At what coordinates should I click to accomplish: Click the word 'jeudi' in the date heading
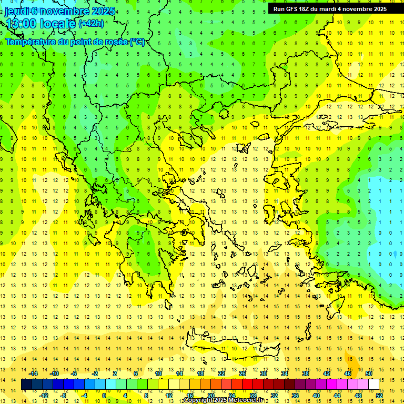(17, 11)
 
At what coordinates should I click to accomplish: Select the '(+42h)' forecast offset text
(91, 24)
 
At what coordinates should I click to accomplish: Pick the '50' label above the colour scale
(369, 373)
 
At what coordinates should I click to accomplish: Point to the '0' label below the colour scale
(104, 396)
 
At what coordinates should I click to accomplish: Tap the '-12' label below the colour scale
(44, 396)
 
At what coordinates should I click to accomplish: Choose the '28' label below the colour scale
(252, 396)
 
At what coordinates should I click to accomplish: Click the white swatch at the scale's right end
(374, 385)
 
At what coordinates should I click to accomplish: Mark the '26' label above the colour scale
(243, 373)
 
